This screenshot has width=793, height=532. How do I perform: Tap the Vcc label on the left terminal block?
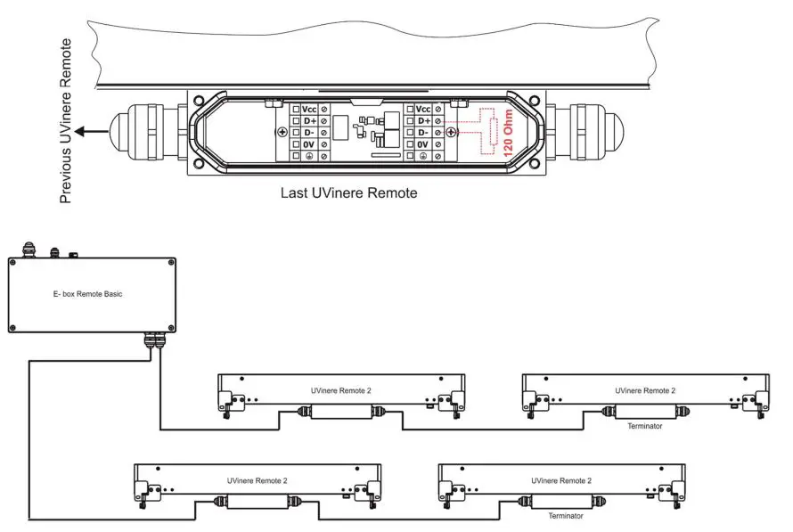pyautogui.click(x=308, y=108)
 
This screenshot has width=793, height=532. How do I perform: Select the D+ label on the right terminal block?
pyautogui.click(x=422, y=119)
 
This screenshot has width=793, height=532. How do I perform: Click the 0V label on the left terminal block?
pyautogui.click(x=308, y=143)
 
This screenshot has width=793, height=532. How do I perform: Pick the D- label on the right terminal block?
pyautogui.click(x=422, y=132)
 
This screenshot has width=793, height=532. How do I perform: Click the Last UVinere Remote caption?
pyautogui.click(x=348, y=192)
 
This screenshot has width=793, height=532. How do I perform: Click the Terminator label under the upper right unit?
pyautogui.click(x=645, y=426)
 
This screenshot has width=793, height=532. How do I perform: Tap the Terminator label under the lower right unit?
pyautogui.click(x=565, y=515)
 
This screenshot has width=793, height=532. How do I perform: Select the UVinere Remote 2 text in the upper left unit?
pyautogui.click(x=341, y=390)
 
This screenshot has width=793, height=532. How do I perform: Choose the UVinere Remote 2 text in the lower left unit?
pyautogui.click(x=257, y=479)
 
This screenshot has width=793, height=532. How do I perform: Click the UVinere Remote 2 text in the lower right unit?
pyautogui.click(x=561, y=479)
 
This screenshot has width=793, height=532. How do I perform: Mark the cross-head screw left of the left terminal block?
pyautogui.click(x=283, y=132)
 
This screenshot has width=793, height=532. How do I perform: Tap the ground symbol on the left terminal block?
pyautogui.click(x=308, y=156)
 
